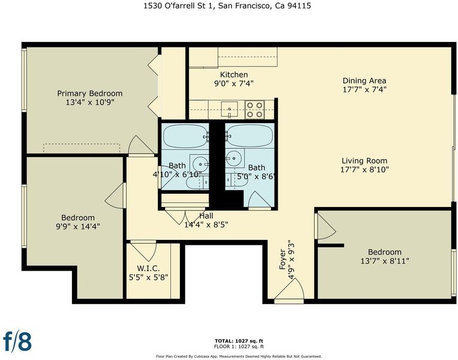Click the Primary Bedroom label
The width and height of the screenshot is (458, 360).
[x=90, y=94]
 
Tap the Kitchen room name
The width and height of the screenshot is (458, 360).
[x=234, y=74]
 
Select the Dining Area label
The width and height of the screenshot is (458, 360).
[x=364, y=80]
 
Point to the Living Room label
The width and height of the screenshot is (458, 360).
[x=364, y=161]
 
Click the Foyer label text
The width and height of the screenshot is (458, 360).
[x=282, y=259]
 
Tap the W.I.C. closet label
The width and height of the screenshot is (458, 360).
[x=149, y=268]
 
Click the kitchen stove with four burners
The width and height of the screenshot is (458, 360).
[x=255, y=109]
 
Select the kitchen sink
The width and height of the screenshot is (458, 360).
[x=229, y=109]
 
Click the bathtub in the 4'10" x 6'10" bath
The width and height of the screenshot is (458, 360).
[x=185, y=136]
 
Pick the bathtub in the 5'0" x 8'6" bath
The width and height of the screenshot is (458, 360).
[x=249, y=136]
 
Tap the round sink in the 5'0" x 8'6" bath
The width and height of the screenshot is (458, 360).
[x=234, y=158]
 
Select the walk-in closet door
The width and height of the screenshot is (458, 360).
[x=143, y=251]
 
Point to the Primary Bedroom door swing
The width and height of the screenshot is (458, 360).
[x=141, y=145]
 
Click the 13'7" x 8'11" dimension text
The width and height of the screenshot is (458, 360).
[x=385, y=261]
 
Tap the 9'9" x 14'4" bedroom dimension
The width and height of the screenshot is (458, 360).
[x=78, y=226]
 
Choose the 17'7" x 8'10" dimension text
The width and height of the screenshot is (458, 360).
[x=364, y=170]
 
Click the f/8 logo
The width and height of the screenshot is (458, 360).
[x=17, y=341]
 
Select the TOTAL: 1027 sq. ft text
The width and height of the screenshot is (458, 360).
[x=239, y=341]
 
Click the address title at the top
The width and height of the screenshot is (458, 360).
[x=227, y=6]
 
